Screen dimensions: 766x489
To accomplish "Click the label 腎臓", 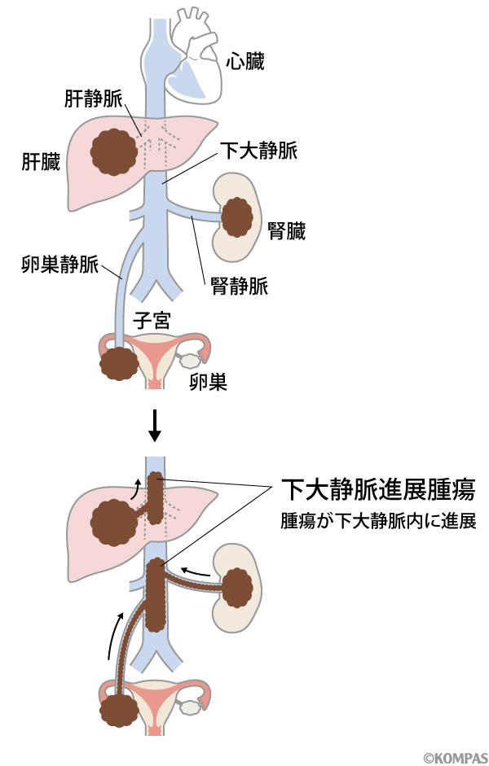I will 286,231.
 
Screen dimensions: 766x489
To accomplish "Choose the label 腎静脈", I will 239,285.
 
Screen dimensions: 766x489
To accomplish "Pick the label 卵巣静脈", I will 59,265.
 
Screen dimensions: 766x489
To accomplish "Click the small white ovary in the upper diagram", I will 191,357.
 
